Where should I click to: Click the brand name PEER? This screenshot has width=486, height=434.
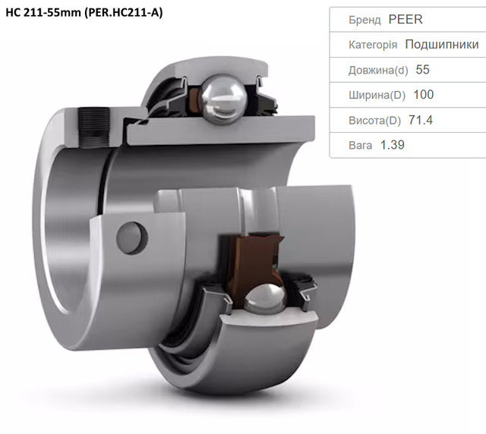[405, 19]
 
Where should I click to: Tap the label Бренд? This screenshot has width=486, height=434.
[364, 20]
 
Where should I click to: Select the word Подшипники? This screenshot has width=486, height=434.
[442, 44]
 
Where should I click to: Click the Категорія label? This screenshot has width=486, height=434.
[373, 45]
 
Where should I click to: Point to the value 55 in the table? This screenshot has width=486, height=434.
[422, 70]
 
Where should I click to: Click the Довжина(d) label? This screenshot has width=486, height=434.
[378, 70]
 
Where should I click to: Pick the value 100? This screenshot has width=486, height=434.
[424, 95]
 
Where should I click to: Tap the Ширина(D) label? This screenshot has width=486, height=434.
[377, 95]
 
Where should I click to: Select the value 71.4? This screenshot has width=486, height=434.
[420, 120]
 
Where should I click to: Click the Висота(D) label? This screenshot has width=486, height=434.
[374, 120]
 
